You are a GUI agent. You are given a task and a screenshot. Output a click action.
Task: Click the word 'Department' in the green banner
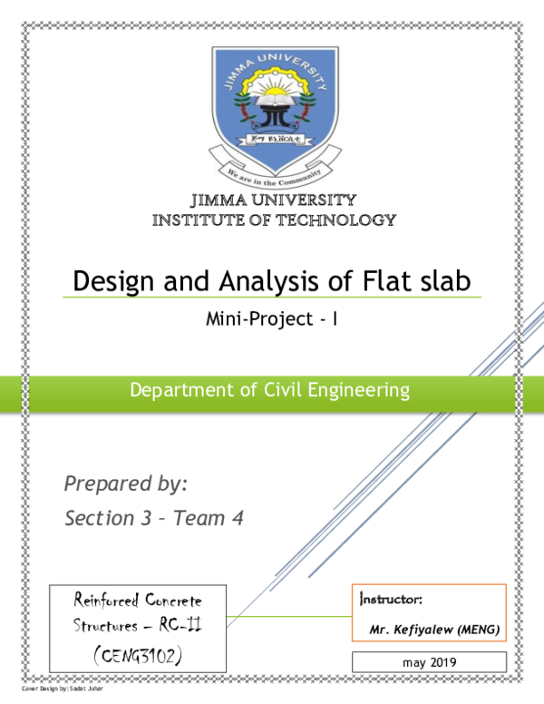click(171, 391)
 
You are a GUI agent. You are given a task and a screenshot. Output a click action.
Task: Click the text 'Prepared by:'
click(125, 484)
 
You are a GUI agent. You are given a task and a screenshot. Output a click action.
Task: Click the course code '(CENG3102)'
click(137, 653)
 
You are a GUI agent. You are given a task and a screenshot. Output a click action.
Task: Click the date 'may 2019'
click(429, 662)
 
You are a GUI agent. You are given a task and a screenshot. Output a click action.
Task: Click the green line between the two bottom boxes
click(288, 617)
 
